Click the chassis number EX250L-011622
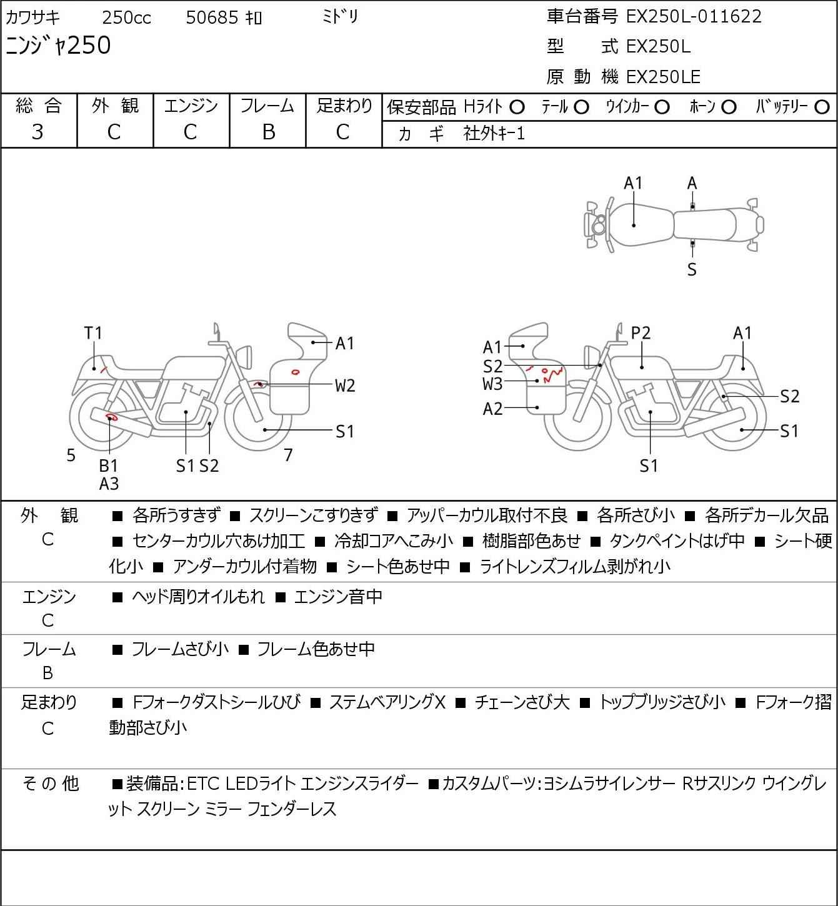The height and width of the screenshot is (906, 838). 694,17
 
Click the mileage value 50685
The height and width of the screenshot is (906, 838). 212,17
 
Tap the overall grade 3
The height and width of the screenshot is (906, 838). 38,132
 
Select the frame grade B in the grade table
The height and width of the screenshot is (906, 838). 268,132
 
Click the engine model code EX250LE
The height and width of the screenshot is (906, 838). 663,77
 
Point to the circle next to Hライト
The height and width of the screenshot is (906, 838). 517,107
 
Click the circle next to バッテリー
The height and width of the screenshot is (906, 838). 822,107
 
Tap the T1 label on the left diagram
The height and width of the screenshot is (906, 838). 93,333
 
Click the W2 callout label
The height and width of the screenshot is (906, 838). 344,386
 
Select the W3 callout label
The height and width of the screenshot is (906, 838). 492,384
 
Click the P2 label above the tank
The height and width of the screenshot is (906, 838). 641,333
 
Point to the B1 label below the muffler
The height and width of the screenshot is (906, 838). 109,465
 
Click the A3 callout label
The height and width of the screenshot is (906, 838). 109,484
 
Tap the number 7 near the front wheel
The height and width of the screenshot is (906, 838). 288,455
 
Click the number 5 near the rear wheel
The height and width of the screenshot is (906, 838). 71,455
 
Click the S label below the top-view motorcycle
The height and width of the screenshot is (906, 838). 692,269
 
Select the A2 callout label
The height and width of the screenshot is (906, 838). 492,409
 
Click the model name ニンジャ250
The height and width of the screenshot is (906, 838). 58,46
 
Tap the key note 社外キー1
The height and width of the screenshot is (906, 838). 494,134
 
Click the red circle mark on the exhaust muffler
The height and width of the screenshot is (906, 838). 112,417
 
